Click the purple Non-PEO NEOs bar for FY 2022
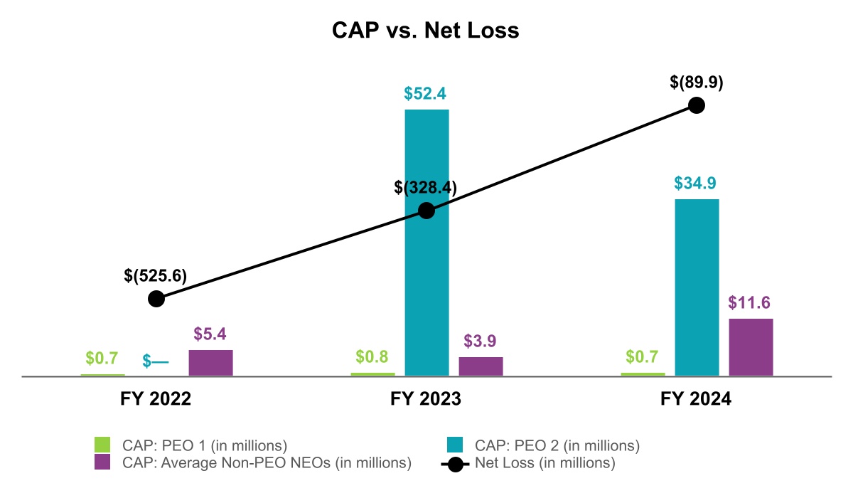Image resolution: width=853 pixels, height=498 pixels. tap(210, 362)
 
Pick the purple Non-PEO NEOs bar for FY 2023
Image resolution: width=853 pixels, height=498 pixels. tap(481, 366)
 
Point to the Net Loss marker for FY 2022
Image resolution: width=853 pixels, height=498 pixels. tap(156, 298)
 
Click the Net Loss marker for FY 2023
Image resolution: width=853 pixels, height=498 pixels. tap(426, 211)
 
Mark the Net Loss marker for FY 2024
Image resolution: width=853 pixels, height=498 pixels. tap(697, 105)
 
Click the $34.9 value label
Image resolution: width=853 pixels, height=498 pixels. tap(695, 183)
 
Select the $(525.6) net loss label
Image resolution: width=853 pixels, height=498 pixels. tap(155, 275)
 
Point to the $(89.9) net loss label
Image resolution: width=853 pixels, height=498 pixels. tap(697, 82)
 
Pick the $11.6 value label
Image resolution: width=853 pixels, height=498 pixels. tap(750, 302)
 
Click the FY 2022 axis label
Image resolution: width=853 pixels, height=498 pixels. tap(156, 400)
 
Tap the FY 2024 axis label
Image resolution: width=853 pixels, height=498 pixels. tap(696, 400)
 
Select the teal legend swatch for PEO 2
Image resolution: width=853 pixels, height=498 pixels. tap(455, 445)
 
